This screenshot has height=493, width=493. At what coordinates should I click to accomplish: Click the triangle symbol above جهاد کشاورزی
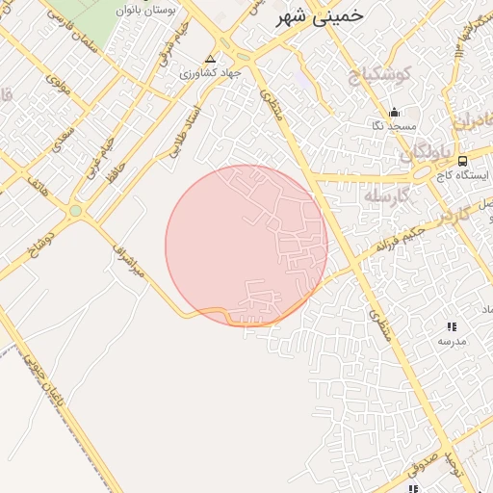coord(212,59)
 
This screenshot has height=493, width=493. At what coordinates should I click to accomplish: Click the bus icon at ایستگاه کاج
coord(463,161)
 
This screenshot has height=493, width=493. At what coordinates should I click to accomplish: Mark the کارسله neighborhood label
coord(388,195)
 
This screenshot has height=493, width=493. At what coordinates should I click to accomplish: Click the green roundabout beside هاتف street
coord(75,211)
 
